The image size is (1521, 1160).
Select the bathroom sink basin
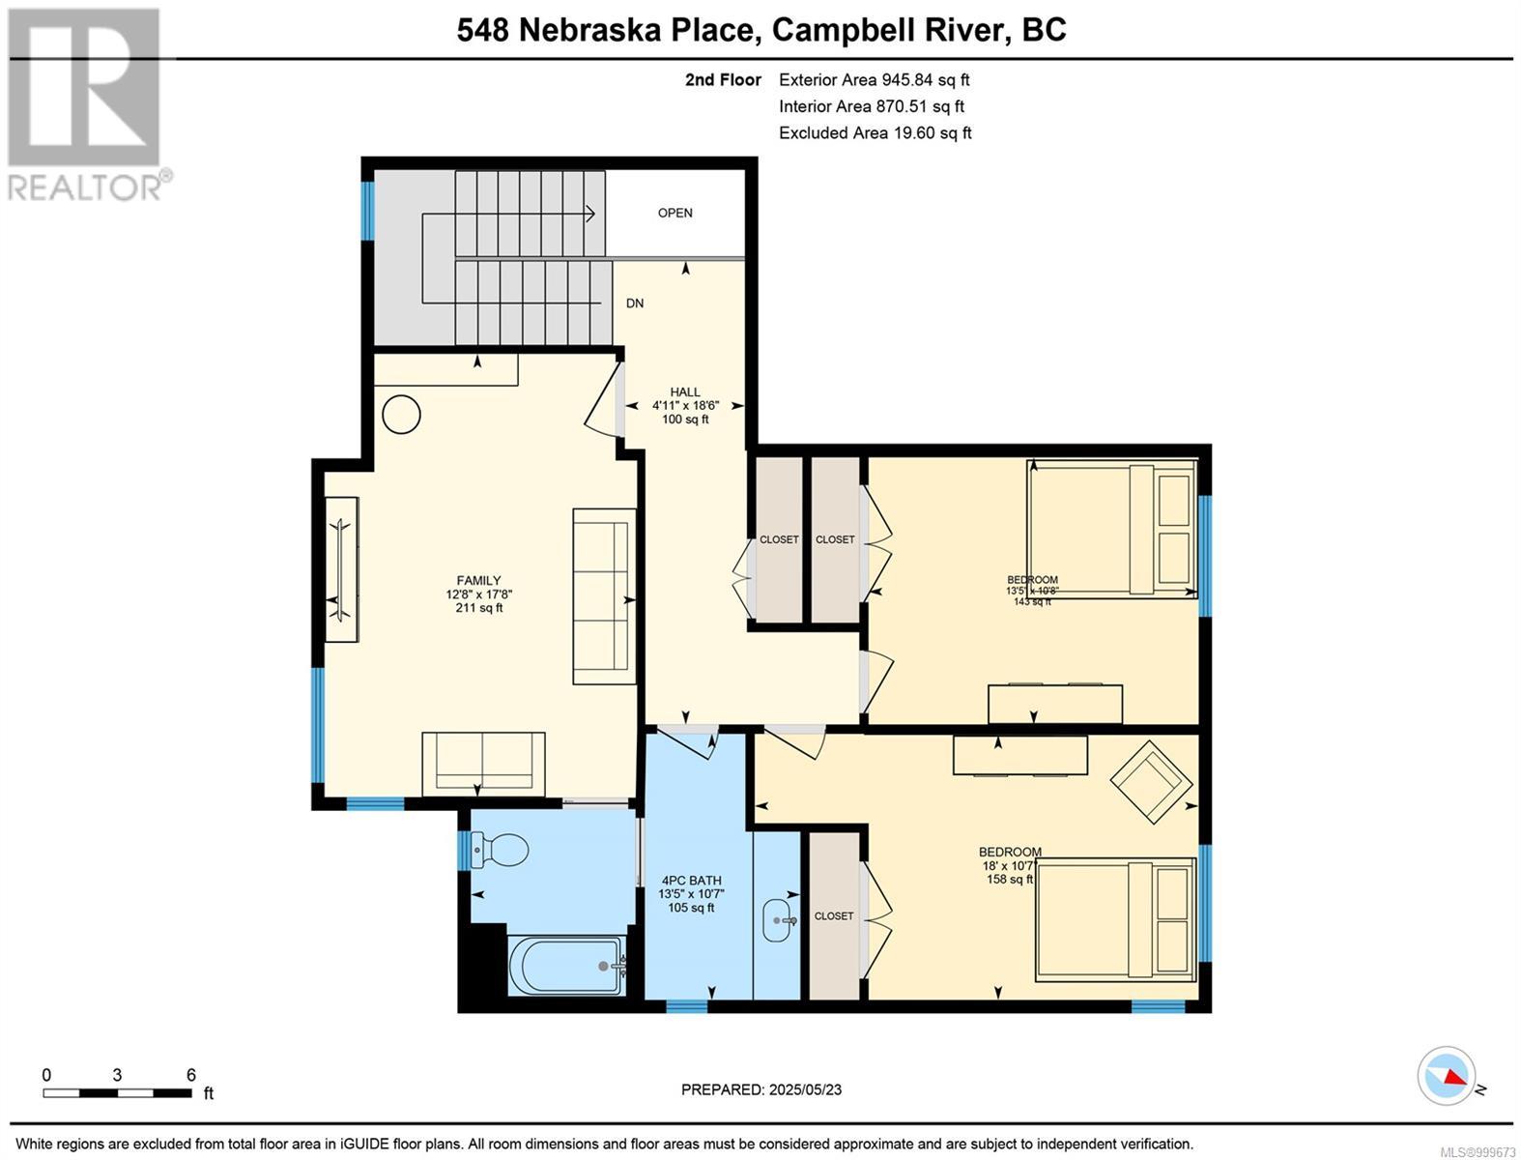[778, 919]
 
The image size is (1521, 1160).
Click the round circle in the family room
[401, 415]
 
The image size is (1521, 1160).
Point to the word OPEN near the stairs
[674, 213]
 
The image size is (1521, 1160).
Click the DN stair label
[634, 303]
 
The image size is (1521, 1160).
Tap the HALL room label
[685, 391]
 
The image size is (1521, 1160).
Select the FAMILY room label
[478, 580]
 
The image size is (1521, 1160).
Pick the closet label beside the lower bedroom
[834, 915]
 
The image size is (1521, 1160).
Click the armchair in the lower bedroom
[1151, 781]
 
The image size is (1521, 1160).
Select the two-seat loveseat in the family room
[483, 764]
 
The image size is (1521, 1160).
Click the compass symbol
[1447, 1075]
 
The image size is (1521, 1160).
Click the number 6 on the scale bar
[190, 1074]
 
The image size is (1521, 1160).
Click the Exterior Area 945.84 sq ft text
[874, 80]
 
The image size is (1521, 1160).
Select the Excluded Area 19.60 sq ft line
[875, 133]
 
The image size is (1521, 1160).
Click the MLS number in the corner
[1478, 1151]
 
